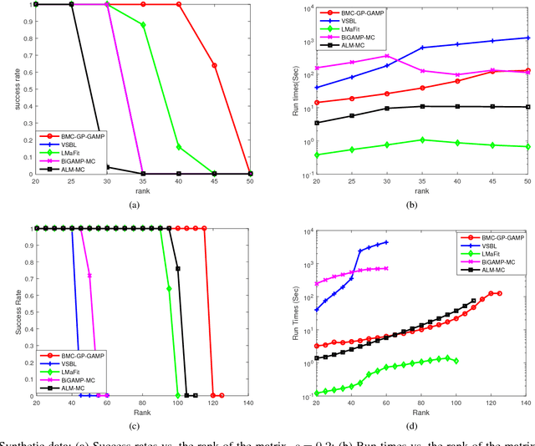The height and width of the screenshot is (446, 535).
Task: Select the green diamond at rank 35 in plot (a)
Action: point(144,25)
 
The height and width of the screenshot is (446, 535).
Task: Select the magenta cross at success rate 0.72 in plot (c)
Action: point(89,276)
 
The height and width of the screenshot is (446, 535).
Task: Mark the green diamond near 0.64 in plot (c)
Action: point(170,289)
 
